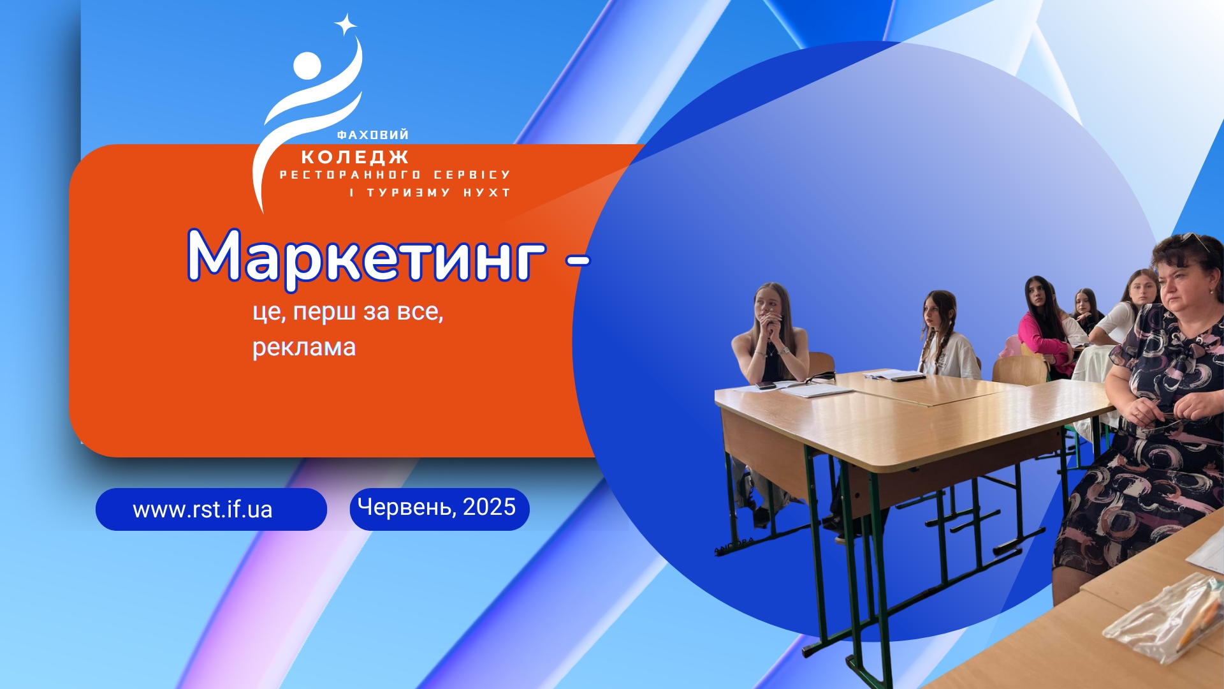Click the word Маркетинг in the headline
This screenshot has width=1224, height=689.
367,257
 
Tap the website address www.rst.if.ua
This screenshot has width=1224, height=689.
203,510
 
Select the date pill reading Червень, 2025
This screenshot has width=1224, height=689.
439,508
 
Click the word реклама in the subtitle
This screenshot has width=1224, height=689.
304,348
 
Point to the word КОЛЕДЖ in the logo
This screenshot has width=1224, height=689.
355,157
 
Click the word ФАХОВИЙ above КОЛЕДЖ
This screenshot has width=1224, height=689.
373,135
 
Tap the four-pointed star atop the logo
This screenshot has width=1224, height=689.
346,25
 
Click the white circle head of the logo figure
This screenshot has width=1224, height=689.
307,65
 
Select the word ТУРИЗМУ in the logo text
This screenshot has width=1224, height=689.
409,193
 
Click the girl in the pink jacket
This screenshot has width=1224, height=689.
1045,325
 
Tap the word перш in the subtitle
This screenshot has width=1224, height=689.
324,313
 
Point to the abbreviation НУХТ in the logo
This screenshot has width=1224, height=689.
487,193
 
